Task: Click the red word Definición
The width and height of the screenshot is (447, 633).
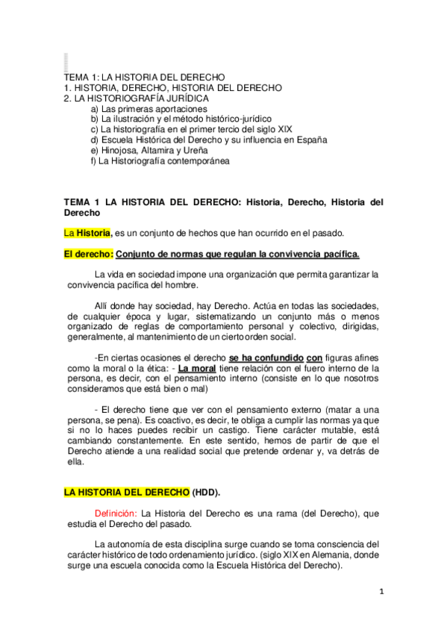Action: pyautogui.click(x=116, y=513)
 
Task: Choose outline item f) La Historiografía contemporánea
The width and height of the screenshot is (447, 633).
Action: pyautogui.click(x=160, y=160)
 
